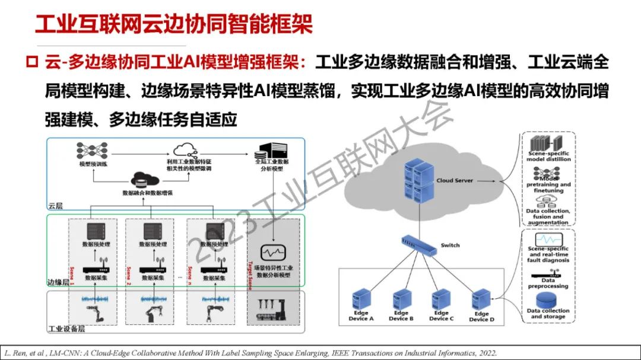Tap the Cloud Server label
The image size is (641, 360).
(x=455, y=180)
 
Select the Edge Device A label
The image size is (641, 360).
(x=361, y=316)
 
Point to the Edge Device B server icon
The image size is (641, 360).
(x=402, y=299)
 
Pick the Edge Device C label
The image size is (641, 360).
(x=441, y=316)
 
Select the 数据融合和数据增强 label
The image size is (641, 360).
(x=146, y=193)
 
